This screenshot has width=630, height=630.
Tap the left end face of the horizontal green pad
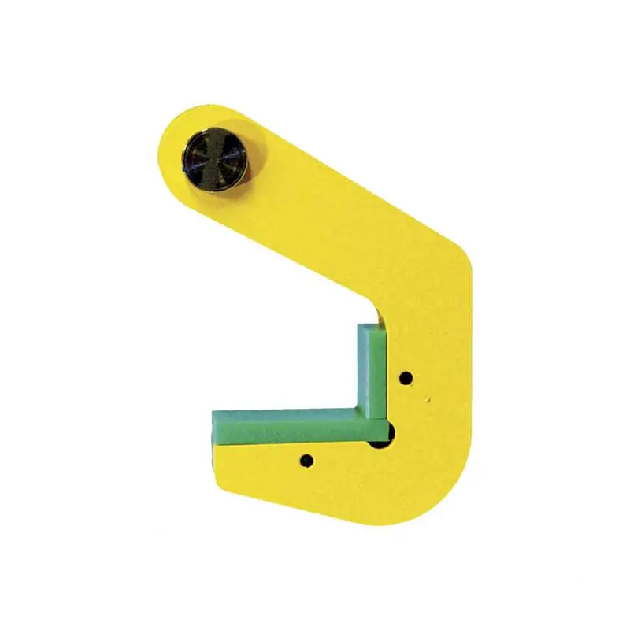pyautogui.click(x=211, y=428)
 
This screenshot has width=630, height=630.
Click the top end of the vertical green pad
pyautogui.click(x=370, y=325)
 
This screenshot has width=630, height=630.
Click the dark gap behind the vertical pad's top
pyautogui.click(x=383, y=317)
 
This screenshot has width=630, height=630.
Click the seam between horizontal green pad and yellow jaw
pyautogui.click(x=291, y=444)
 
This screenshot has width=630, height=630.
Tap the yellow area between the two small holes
pyautogui.click(x=358, y=461)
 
